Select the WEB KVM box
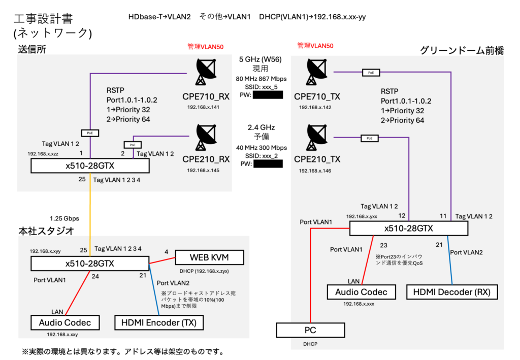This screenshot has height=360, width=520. point(209,257)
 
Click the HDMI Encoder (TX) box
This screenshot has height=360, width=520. point(159,322)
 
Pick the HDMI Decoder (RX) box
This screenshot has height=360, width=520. point(451,291)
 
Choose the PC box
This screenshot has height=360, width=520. point(310,330)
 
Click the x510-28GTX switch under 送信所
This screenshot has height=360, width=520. point(90,166)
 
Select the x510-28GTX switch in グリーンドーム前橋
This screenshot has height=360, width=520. point(408,228)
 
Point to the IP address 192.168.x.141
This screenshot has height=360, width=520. point(204,108)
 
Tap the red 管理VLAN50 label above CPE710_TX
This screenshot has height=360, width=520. point(315,46)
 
